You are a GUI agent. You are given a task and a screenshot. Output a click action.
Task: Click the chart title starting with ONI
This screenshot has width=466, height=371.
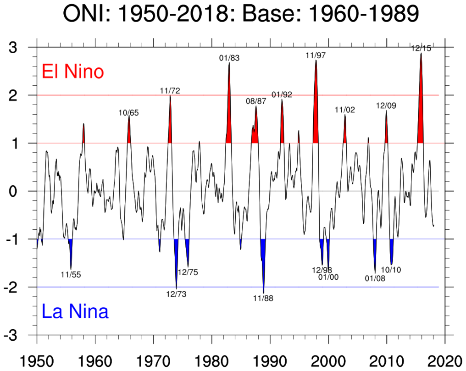pyautogui.click(x=241, y=15)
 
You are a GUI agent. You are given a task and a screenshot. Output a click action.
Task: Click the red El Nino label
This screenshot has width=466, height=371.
pyautogui.click(x=72, y=72)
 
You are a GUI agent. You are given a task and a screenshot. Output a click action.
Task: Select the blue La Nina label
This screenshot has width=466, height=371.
pyautogui.click(x=75, y=312)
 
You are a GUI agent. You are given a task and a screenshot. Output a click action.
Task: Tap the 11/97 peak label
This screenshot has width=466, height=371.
pyautogui.click(x=316, y=55)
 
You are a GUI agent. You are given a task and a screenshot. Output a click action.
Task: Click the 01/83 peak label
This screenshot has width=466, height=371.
pyautogui.click(x=229, y=58)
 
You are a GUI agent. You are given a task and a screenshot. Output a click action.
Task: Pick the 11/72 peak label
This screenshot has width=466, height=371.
pyautogui.click(x=170, y=90)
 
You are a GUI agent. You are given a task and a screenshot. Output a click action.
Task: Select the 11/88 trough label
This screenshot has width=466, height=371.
pyautogui.click(x=263, y=299)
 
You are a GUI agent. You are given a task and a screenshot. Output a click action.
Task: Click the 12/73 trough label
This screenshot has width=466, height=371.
pyautogui.click(x=176, y=294)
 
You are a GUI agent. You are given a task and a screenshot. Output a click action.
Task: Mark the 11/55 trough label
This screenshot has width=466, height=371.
pyautogui.click(x=71, y=275)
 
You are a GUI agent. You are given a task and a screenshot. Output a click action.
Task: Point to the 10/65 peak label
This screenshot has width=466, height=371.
pyautogui.click(x=128, y=113)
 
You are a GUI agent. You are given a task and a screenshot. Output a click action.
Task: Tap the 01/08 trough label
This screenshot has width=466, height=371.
pyautogui.click(x=375, y=278)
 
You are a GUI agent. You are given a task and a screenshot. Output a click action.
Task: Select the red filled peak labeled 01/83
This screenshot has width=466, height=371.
pyautogui.click(x=229, y=119)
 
